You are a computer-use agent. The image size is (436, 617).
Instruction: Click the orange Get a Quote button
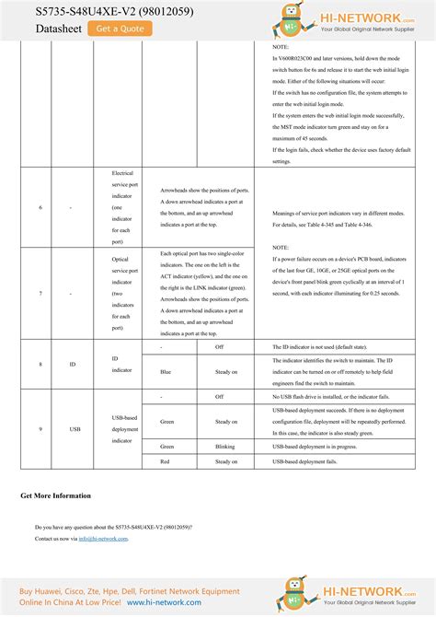click(120, 29)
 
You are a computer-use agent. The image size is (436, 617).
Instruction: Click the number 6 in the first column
click(40, 208)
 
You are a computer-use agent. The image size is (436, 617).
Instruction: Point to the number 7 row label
click(40, 293)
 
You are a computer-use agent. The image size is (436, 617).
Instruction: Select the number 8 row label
click(40, 365)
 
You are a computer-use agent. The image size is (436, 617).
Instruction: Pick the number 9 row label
click(40, 429)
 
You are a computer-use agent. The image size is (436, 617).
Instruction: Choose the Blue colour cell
click(166, 372)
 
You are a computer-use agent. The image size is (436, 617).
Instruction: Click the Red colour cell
click(165, 461)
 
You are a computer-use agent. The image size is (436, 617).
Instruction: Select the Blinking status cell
click(225, 446)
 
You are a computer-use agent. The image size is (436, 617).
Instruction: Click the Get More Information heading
click(56, 495)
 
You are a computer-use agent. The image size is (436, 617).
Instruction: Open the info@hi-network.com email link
click(103, 539)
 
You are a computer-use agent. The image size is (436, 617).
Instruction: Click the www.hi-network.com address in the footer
click(166, 601)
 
